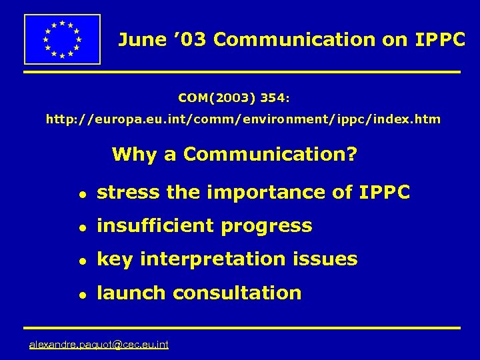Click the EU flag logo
point(62,39)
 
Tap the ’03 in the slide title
point(189,40)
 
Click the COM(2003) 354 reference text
point(234,98)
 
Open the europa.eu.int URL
point(243,120)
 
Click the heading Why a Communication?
point(235,155)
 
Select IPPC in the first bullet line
point(384,193)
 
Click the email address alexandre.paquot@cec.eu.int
point(99,345)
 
